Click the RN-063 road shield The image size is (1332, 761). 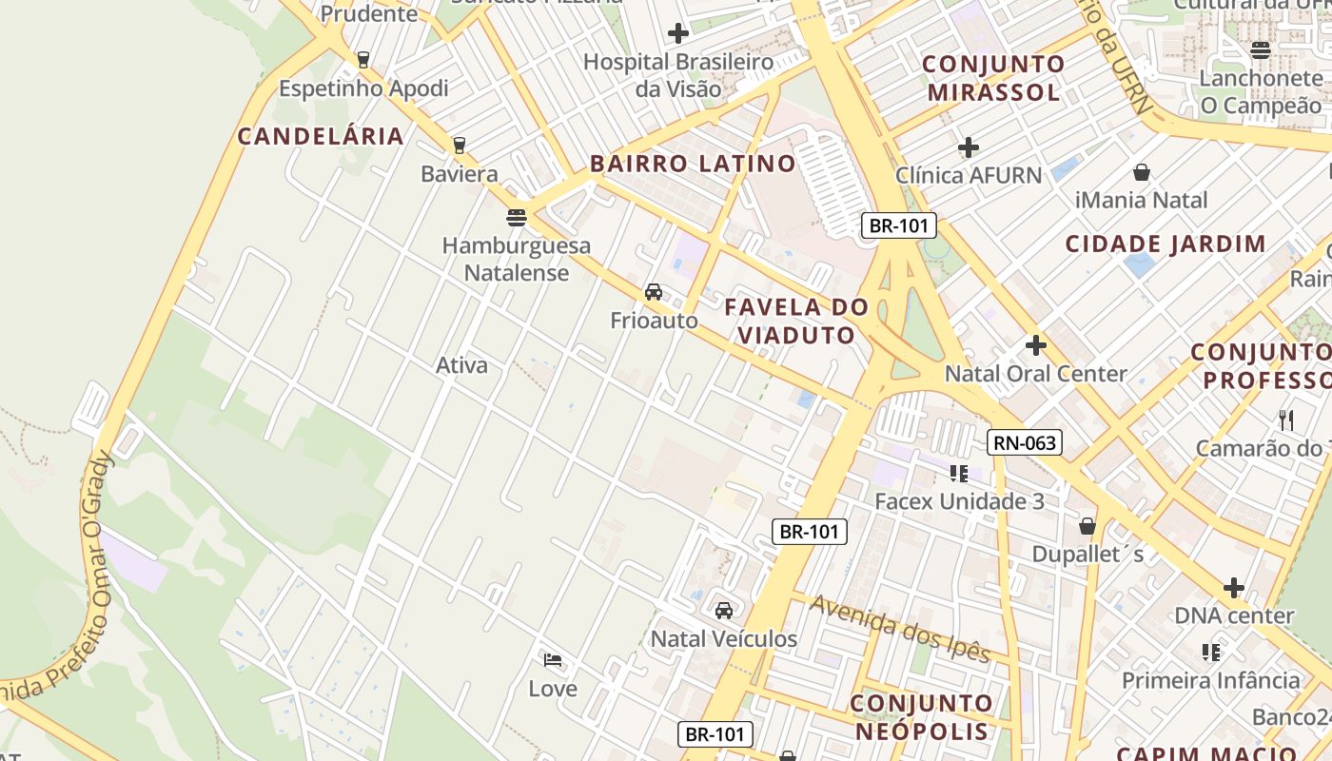[1024, 442]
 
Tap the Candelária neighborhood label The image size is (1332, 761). [321, 136]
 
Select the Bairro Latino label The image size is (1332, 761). [693, 164]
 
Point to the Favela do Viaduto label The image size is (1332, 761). [796, 321]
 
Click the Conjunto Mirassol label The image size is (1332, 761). [993, 78]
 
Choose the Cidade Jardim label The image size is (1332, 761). [1165, 244]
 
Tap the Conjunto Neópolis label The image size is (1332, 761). [921, 717]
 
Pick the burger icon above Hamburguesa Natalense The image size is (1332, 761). [517, 218]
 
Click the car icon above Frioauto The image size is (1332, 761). [654, 292]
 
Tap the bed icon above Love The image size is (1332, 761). [553, 660]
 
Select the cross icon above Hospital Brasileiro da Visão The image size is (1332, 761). [677, 34]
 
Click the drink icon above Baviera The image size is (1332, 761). [460, 146]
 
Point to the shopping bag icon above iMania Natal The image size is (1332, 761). [1141, 172]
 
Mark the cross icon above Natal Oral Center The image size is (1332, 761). [1036, 344]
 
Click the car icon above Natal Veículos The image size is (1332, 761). [724, 610]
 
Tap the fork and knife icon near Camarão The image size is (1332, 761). [1286, 420]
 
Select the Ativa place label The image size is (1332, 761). [461, 365]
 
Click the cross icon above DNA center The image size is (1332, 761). [1234, 588]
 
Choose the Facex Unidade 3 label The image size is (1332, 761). [959, 501]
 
